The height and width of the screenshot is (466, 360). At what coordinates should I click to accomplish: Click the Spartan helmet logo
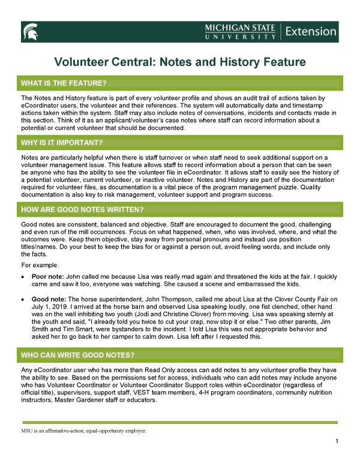click(x=31, y=32)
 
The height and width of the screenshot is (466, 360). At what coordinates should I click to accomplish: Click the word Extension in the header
click(x=311, y=31)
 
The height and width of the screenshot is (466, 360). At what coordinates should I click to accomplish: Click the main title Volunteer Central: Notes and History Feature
click(x=180, y=62)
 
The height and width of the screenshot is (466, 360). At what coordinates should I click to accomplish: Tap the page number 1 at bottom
click(x=338, y=442)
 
